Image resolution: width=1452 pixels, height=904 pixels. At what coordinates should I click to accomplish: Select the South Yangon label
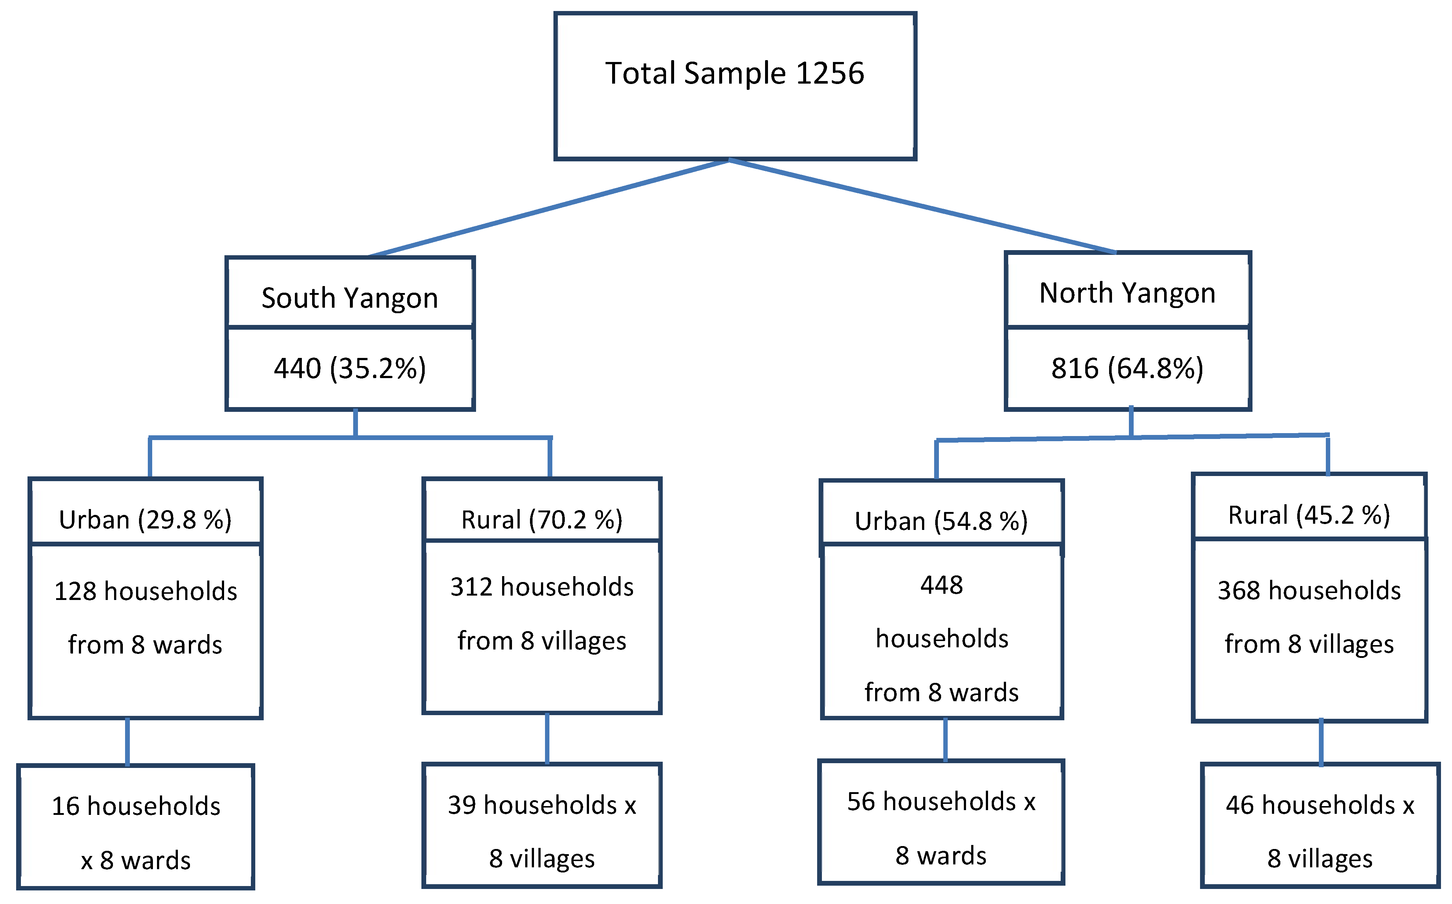click(x=350, y=298)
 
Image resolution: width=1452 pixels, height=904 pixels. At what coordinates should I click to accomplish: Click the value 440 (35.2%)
click(x=350, y=368)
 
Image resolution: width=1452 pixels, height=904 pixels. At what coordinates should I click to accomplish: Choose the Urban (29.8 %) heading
click(x=145, y=520)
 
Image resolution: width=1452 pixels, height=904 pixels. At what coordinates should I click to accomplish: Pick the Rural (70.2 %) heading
click(x=542, y=520)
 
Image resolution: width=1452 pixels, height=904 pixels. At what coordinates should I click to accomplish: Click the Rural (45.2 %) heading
click(x=1309, y=515)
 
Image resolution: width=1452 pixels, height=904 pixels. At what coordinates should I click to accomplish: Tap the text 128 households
click(x=145, y=591)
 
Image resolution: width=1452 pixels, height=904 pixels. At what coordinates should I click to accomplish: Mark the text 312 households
click(x=542, y=587)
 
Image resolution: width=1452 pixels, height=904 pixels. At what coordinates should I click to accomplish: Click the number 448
click(x=941, y=585)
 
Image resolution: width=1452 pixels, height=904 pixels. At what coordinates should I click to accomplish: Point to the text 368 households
click(x=1309, y=591)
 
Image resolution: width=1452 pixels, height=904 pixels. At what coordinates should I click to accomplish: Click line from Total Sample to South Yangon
click(x=549, y=208)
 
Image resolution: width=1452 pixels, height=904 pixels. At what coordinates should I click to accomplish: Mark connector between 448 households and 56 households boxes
click(x=945, y=740)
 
